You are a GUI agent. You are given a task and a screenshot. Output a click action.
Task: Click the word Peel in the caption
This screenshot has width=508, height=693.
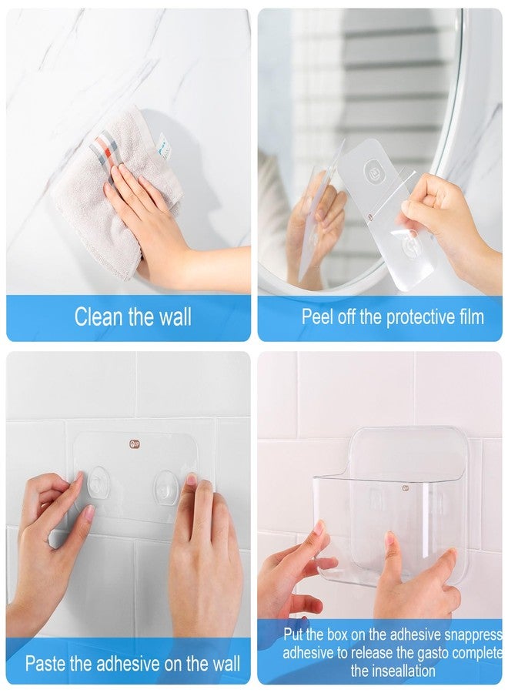pos(318,316)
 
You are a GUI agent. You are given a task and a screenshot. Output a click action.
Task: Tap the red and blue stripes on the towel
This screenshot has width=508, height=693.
pos(103,146)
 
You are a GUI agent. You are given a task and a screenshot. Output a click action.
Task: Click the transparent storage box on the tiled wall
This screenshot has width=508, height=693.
pos(389,508)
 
